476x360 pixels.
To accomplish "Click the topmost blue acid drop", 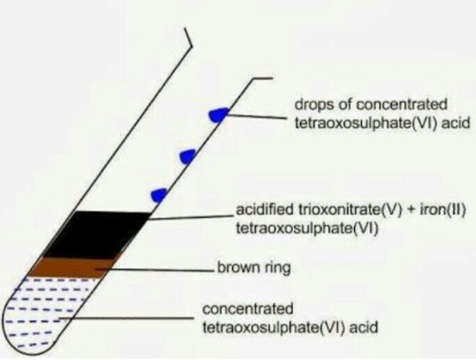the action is [218, 115].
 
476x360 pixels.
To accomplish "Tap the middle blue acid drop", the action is [187, 156].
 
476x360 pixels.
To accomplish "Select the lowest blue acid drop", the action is [159, 195].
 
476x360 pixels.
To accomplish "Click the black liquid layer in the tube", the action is [96, 235].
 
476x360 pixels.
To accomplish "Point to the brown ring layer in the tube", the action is [73, 267].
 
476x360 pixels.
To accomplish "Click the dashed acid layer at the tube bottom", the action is [46, 313].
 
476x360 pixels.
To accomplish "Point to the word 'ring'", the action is [278, 269].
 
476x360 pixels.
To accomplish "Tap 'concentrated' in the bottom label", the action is [247, 309].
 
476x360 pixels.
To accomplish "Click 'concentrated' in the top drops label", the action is [401, 105].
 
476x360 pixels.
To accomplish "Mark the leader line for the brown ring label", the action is [156, 270].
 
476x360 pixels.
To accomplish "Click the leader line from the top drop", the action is [257, 117].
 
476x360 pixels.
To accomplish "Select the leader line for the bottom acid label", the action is [126, 319].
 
